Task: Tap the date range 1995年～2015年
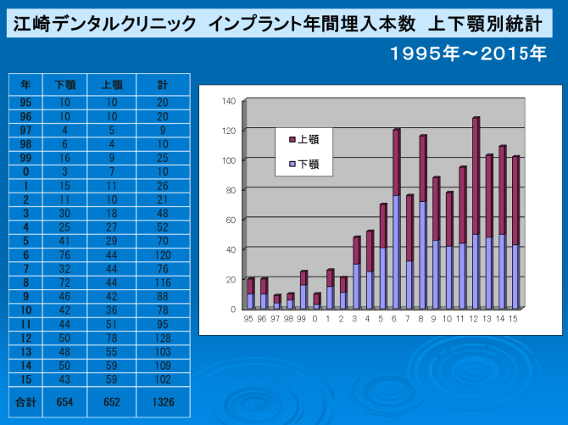tap(468, 55)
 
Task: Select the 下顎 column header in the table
tap(65, 85)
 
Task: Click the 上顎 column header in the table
tap(113, 85)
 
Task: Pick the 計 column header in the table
tap(162, 85)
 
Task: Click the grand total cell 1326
tap(162, 402)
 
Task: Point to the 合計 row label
tap(26, 402)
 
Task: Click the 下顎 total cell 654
tap(65, 402)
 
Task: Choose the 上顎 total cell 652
tap(113, 402)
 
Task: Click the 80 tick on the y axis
tap(230, 190)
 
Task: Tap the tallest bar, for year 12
tap(475, 212)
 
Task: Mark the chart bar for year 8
tap(422, 221)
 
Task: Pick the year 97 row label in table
tap(26, 131)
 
